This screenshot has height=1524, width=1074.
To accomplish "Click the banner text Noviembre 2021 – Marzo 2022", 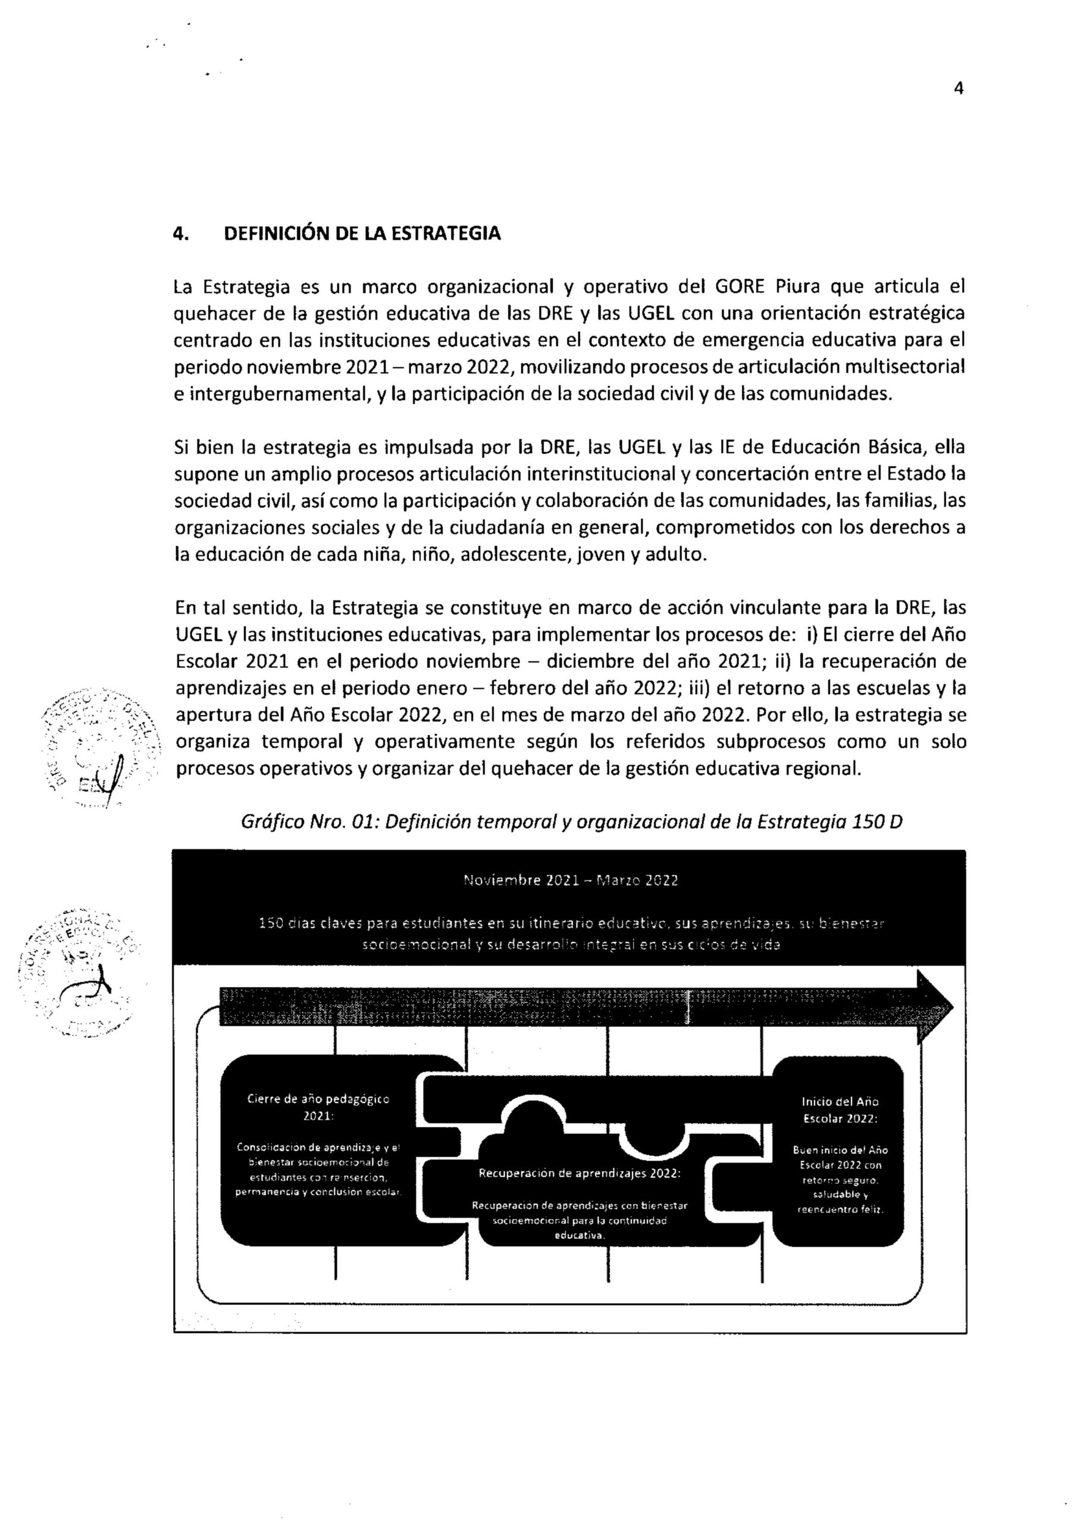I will pyautogui.click(x=570, y=881).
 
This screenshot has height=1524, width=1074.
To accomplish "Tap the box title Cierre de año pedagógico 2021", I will pyautogui.click(x=318, y=1107).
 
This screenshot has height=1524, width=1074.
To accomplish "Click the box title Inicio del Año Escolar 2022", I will pyautogui.click(x=840, y=1109).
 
